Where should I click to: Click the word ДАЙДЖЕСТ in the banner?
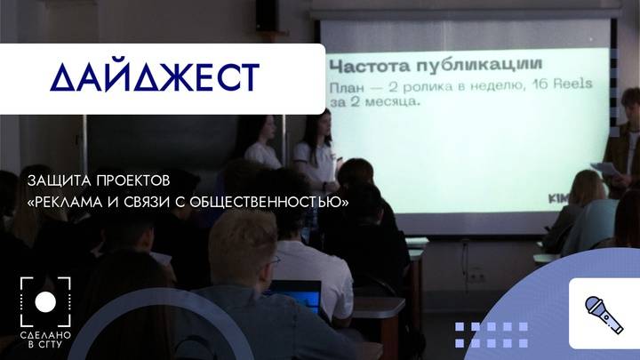154,77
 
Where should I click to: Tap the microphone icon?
604,313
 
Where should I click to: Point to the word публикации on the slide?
486,67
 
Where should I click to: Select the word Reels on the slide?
566,86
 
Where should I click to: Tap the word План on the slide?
348,86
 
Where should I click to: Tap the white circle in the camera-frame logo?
44,302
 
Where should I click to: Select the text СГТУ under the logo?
52,345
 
